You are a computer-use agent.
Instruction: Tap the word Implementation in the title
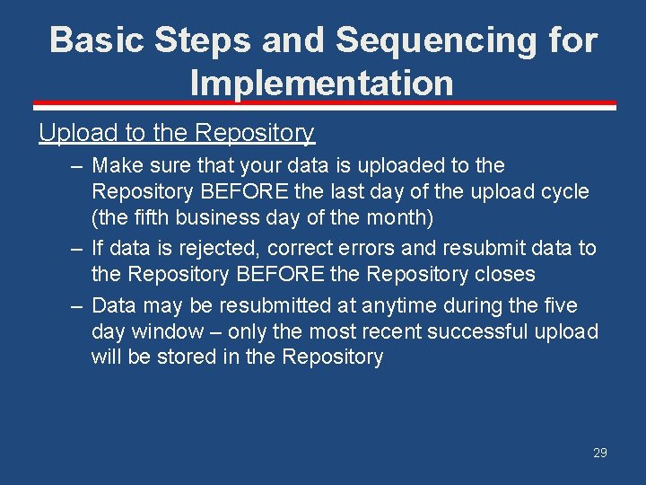coord(321,84)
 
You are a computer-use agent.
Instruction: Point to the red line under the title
coord(323,104)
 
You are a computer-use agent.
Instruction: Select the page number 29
coord(599,453)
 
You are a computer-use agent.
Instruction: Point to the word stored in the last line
coord(180,357)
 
